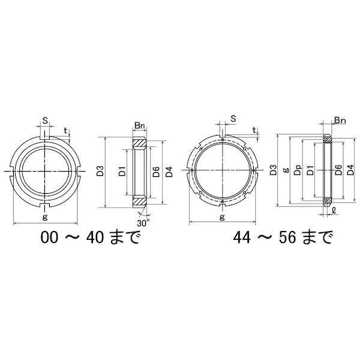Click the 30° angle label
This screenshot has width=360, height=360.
[x=143, y=223]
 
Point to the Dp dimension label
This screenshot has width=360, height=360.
[x=298, y=170]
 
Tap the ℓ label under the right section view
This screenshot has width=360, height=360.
[x=334, y=211]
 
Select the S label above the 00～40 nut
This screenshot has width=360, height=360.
[x=46, y=121]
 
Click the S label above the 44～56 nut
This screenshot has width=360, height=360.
[x=233, y=119]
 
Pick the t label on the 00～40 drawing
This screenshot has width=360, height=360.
[x=65, y=131]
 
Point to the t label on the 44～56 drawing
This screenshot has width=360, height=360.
[x=254, y=130]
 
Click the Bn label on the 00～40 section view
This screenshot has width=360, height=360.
[x=140, y=125]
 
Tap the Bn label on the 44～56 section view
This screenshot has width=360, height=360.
[x=340, y=120]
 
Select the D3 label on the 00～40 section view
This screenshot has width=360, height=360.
[x=100, y=171]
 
